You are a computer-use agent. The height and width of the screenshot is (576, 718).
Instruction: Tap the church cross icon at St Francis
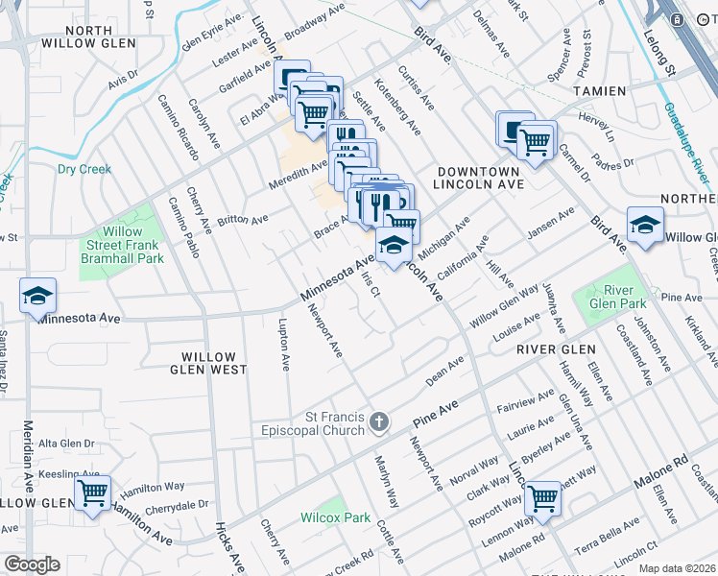(380, 421)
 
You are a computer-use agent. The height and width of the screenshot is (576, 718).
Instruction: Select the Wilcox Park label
(334, 517)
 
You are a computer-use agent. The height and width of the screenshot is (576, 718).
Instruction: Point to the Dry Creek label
(84, 169)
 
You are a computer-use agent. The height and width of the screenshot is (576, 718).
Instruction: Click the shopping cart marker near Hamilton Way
(92, 494)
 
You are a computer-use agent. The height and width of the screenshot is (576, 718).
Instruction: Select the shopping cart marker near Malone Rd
(543, 498)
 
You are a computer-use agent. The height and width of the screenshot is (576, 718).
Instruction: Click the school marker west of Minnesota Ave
(37, 296)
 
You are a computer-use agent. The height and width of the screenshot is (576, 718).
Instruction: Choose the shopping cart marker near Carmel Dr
(535, 141)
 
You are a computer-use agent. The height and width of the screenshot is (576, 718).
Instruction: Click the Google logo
(32, 564)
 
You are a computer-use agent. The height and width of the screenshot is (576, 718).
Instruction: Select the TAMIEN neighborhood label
(600, 91)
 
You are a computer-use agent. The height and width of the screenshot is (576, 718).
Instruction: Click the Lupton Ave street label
(284, 345)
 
